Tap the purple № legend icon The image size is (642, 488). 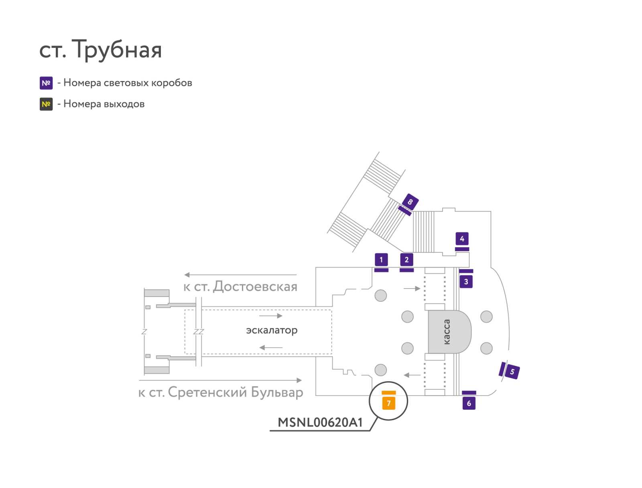point(46,83)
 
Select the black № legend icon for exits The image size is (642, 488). point(46,104)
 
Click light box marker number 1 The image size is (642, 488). point(381,260)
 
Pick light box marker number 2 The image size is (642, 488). point(406,260)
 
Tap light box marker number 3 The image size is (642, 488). point(466,282)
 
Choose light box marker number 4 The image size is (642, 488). point(462,239)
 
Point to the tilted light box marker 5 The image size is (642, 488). point(512,372)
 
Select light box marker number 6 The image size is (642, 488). point(469,403)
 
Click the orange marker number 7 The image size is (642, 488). point(389,403)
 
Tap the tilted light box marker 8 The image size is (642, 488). point(410,202)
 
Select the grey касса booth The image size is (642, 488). point(449,332)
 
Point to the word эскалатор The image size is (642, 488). point(272,330)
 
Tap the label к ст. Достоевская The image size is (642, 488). point(240,287)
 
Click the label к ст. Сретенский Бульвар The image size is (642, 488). point(221,392)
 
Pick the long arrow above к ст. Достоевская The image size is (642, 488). point(240,275)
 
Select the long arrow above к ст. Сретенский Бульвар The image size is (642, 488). point(220,380)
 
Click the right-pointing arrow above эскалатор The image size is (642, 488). point(271,316)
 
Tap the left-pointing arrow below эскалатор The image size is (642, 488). point(271,348)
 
